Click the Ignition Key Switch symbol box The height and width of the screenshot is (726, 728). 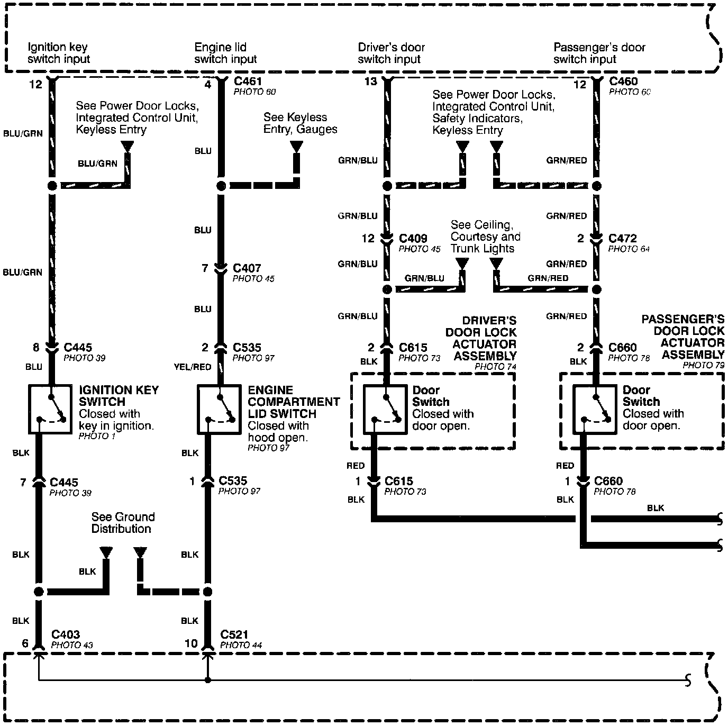(x=49, y=409)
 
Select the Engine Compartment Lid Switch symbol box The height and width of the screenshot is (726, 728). (x=219, y=409)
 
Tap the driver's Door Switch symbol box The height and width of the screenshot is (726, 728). (x=385, y=409)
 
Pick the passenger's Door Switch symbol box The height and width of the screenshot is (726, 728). (x=595, y=409)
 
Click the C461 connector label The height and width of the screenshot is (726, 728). (x=248, y=81)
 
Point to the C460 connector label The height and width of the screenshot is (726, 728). (x=623, y=81)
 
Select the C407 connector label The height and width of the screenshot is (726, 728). (x=247, y=268)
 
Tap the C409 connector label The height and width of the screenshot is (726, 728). (x=413, y=239)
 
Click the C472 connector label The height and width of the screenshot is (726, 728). (x=623, y=239)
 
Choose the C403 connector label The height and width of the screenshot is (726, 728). (x=66, y=634)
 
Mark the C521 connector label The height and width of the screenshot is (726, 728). (x=234, y=634)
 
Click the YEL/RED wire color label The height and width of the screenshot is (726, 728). (x=192, y=367)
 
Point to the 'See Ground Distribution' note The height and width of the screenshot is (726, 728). (x=123, y=523)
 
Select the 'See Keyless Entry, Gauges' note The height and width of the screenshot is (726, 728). (x=300, y=123)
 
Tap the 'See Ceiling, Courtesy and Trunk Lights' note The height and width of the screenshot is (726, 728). (x=485, y=237)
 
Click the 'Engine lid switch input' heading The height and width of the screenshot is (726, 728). (x=225, y=53)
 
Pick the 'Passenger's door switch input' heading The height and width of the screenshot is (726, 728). (x=599, y=53)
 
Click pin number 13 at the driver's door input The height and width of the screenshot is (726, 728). (x=370, y=81)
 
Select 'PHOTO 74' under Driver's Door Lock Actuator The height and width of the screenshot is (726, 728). (x=495, y=367)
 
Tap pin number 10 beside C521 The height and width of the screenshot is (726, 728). (x=191, y=643)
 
